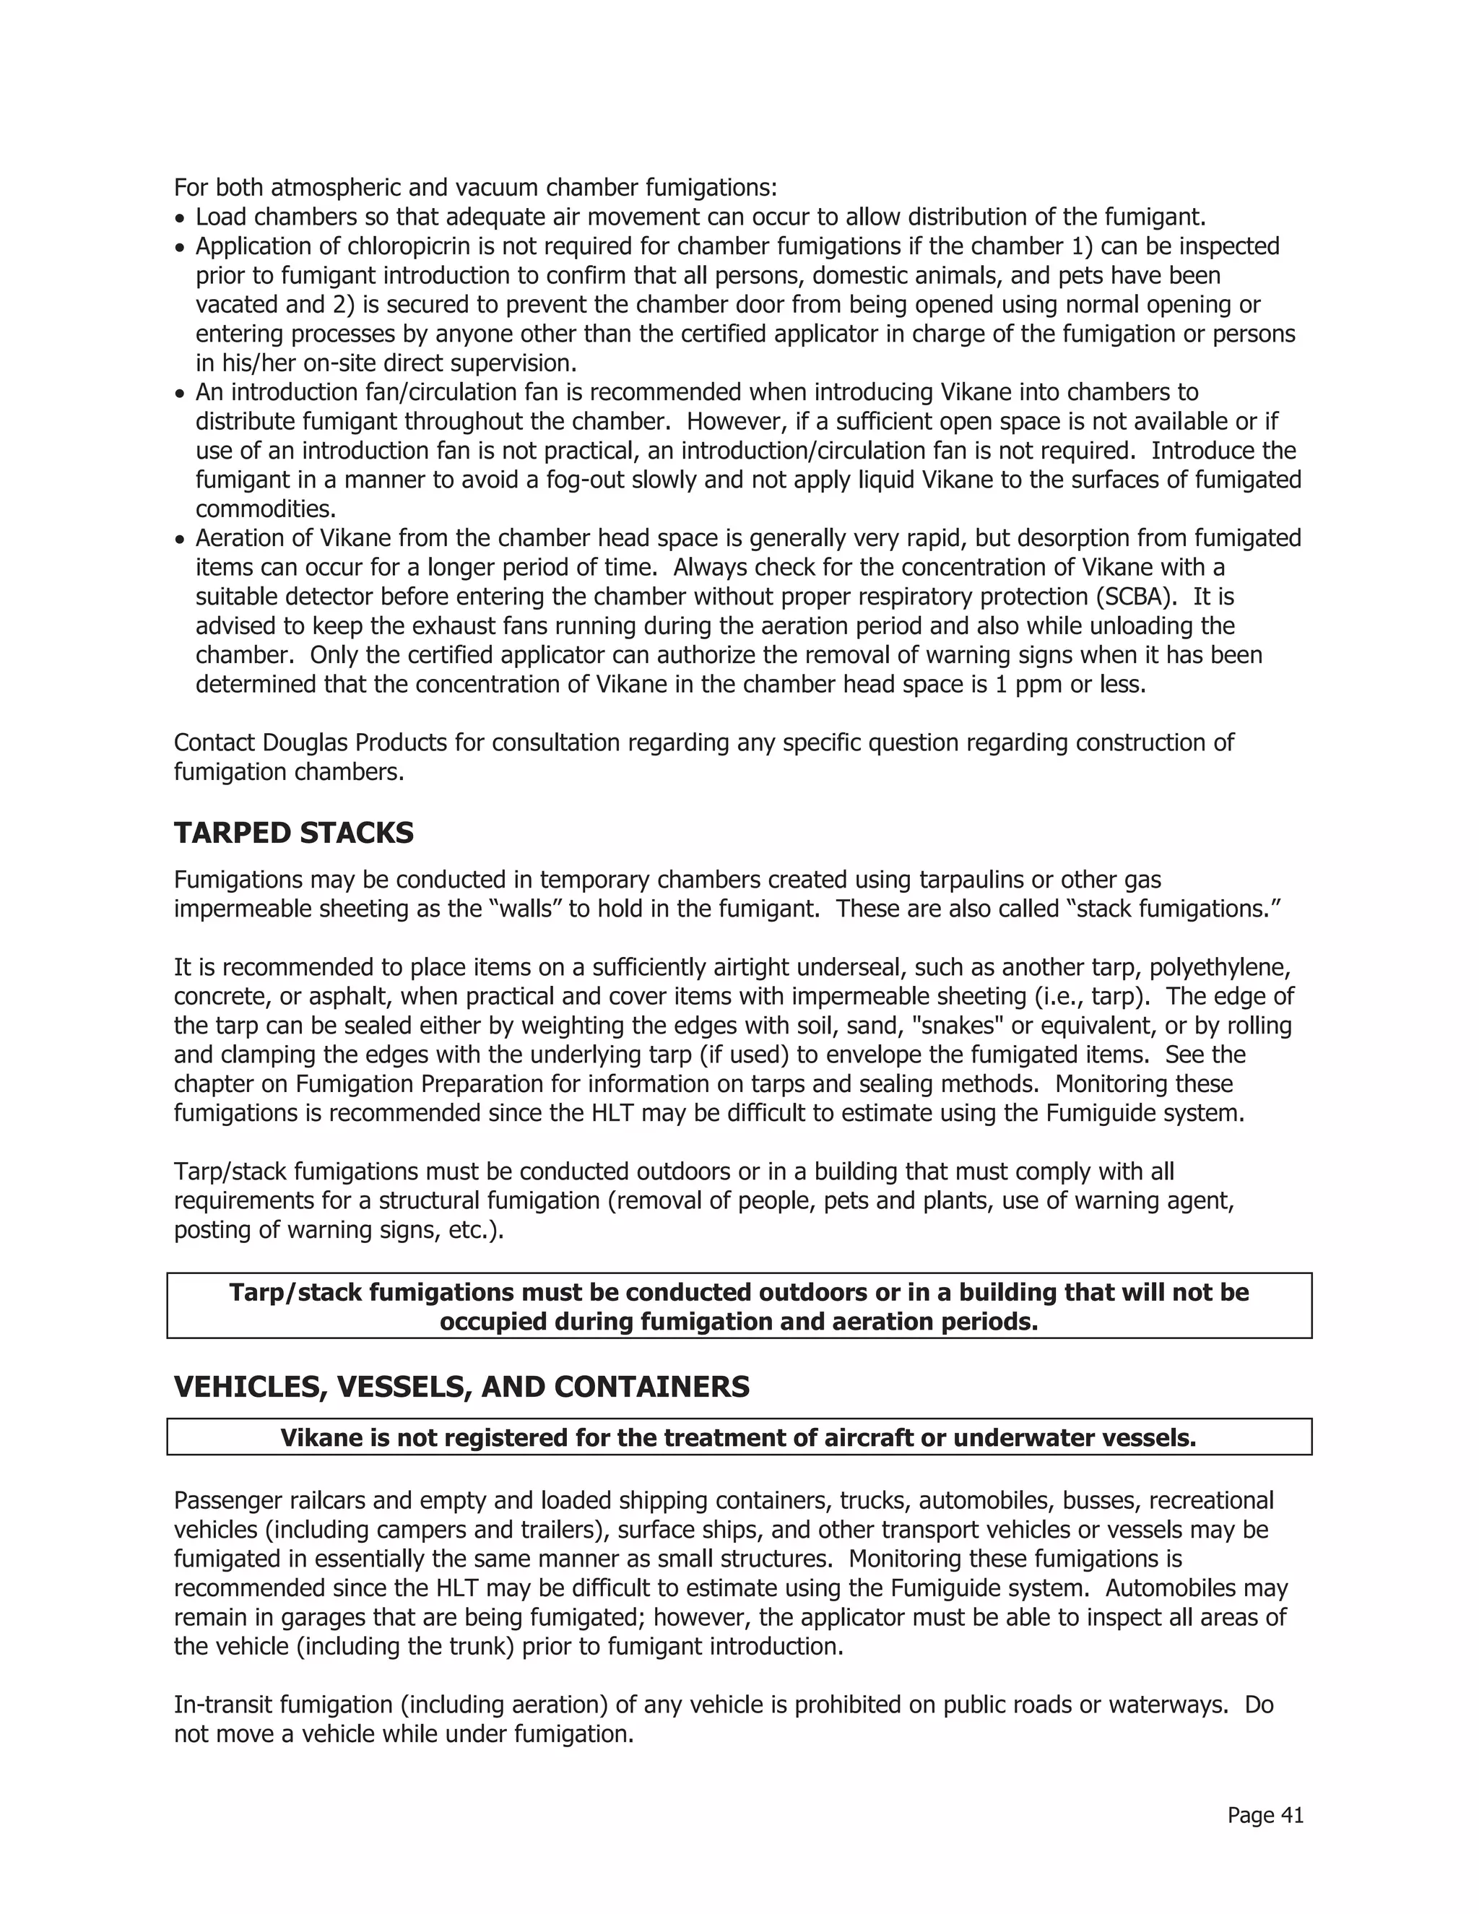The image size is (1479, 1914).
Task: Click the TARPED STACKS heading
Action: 293,833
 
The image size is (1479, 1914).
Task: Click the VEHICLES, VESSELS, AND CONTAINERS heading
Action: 461,1387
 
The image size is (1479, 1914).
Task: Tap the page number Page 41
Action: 1265,1815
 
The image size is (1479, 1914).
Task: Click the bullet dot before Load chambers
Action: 180,218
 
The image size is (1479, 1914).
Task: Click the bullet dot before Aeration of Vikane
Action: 180,539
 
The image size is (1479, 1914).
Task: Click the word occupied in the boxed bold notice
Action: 493,1322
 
